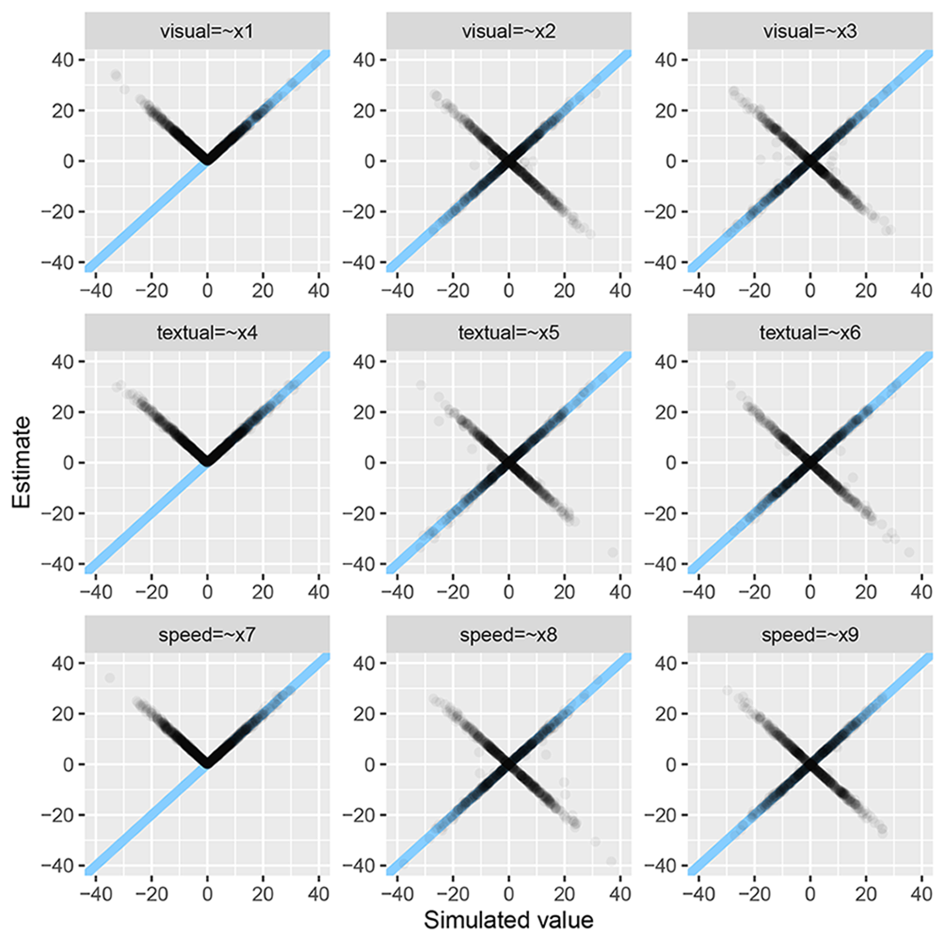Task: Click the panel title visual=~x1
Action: tap(207, 31)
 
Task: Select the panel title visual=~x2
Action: tap(508, 31)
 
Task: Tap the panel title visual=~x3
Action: tap(809, 31)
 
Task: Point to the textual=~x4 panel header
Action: tap(207, 333)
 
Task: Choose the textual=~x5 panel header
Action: tap(508, 333)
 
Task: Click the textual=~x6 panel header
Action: tap(809, 333)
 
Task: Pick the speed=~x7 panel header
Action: tap(207, 636)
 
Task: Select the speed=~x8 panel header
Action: tap(508, 636)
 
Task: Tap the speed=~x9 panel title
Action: tap(809, 636)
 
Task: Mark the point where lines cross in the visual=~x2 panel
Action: tap(508, 161)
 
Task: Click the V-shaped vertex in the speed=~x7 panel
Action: tap(207, 763)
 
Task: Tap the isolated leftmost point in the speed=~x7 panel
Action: tap(109, 678)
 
